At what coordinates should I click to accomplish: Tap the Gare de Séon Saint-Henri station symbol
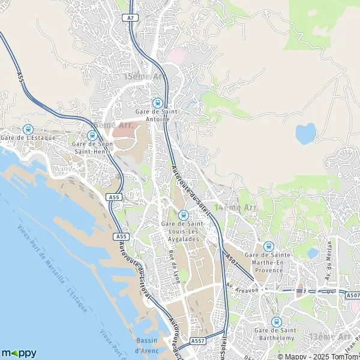92,136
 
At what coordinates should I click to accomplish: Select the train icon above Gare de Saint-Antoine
157,103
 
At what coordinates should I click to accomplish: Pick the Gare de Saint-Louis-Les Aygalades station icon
184,215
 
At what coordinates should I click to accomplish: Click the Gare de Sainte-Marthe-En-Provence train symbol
268,246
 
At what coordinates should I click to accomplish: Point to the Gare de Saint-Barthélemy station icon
276,322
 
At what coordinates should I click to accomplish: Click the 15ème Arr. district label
143,77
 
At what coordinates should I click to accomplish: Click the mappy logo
19,353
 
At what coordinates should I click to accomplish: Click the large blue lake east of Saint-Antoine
305,134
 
